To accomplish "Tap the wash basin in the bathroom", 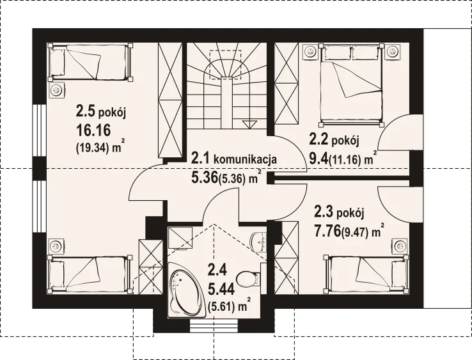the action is coord(258,241).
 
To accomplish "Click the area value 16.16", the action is coord(93,130).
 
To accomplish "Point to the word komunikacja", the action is coord(245,159).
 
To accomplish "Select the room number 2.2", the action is coord(319,139).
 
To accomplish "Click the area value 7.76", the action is coord(328,231).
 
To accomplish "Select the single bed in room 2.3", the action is coord(366,274).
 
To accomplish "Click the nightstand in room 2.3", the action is coord(400,246).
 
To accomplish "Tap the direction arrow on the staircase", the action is coord(249,124).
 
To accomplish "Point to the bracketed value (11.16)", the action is coord(345,159).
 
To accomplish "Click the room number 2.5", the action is coord(86,111).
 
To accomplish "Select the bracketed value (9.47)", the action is coord(355,233).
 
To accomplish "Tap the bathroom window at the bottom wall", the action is coord(214,326).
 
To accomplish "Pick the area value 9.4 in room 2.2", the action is coord(319,158).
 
